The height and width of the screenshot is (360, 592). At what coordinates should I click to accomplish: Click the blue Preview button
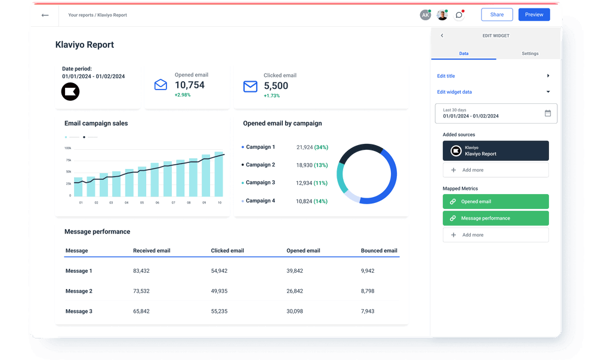(534, 15)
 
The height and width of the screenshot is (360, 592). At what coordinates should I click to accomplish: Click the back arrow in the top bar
(45, 15)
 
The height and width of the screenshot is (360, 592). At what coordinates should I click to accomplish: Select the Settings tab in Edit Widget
(529, 54)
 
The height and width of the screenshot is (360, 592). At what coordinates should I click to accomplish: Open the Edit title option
(446, 76)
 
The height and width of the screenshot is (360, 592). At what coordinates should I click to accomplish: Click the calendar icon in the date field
(547, 113)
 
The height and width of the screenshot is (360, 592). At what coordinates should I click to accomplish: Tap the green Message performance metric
(495, 219)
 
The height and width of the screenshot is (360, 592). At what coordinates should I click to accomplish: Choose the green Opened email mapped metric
(495, 202)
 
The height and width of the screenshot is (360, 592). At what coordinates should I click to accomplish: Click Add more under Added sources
(495, 170)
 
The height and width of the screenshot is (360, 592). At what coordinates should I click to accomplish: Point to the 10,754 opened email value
(189, 85)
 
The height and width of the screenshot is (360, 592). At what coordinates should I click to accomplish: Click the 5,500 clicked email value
(276, 86)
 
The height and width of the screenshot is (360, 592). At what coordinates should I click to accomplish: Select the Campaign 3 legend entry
(260, 183)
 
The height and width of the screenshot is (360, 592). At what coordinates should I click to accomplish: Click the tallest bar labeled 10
(219, 174)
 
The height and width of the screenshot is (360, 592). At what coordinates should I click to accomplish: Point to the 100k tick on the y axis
(67, 148)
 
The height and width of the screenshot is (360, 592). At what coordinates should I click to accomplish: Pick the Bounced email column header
(379, 251)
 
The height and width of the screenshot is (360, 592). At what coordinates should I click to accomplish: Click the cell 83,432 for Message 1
(141, 271)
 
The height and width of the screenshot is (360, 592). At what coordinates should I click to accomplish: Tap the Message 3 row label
(79, 312)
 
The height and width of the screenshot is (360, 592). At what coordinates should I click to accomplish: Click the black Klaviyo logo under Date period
(70, 91)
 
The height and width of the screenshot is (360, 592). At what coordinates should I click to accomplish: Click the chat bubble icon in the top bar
(458, 15)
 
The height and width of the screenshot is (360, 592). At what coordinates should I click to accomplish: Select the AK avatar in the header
(425, 15)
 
